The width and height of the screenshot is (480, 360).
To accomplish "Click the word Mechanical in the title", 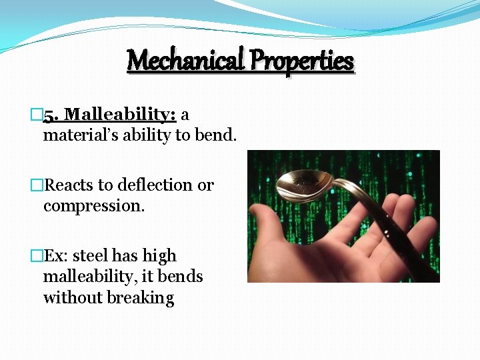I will pyautogui.click(x=185, y=61).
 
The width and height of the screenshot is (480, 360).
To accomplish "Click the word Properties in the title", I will pyautogui.click(x=302, y=61).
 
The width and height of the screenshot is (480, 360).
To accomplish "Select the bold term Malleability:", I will pyautogui.click(x=120, y=115).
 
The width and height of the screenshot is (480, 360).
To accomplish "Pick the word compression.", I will pyautogui.click(x=93, y=206).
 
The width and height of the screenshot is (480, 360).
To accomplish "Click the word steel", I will pyautogui.click(x=90, y=256).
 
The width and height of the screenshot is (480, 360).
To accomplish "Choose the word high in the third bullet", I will pyautogui.click(x=161, y=256).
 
